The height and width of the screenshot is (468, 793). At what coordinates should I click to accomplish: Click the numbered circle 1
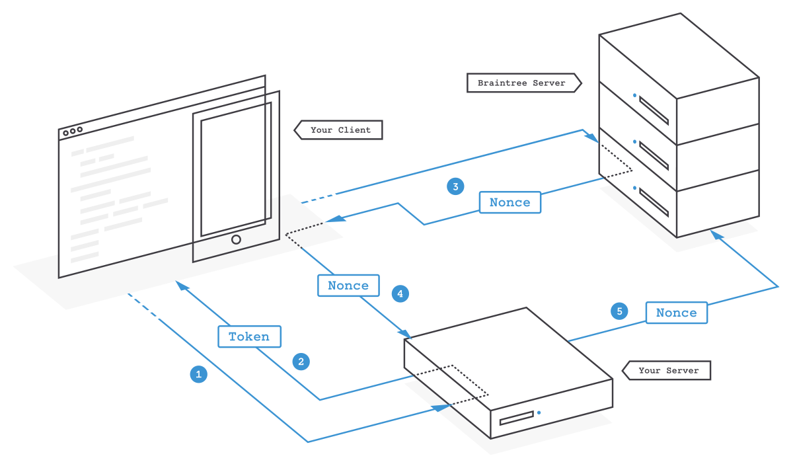tap(198, 375)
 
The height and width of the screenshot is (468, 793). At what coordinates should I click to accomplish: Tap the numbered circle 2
tap(301, 362)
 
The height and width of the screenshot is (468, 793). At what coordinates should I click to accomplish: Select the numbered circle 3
tap(455, 186)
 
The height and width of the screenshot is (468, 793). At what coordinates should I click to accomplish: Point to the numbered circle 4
tap(400, 293)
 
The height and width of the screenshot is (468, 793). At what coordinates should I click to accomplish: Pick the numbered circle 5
tap(619, 311)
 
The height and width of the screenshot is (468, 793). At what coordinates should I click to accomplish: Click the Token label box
tap(249, 336)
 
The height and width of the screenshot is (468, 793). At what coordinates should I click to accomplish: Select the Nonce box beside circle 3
tap(510, 202)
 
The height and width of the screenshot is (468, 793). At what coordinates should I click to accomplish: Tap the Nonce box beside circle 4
tap(348, 286)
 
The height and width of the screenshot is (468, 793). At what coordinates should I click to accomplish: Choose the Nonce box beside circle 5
tap(676, 313)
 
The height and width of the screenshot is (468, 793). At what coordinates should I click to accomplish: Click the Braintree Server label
tap(521, 83)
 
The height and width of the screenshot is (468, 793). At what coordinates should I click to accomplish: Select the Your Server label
tap(668, 370)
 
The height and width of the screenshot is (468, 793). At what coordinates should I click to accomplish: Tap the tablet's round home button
tap(236, 239)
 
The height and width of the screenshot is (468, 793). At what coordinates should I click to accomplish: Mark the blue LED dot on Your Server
tap(539, 412)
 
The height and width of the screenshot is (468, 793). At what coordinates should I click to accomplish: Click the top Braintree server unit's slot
tap(654, 110)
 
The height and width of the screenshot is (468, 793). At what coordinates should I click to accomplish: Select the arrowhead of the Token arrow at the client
tap(180, 285)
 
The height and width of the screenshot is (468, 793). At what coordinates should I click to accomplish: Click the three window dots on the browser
tap(73, 132)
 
